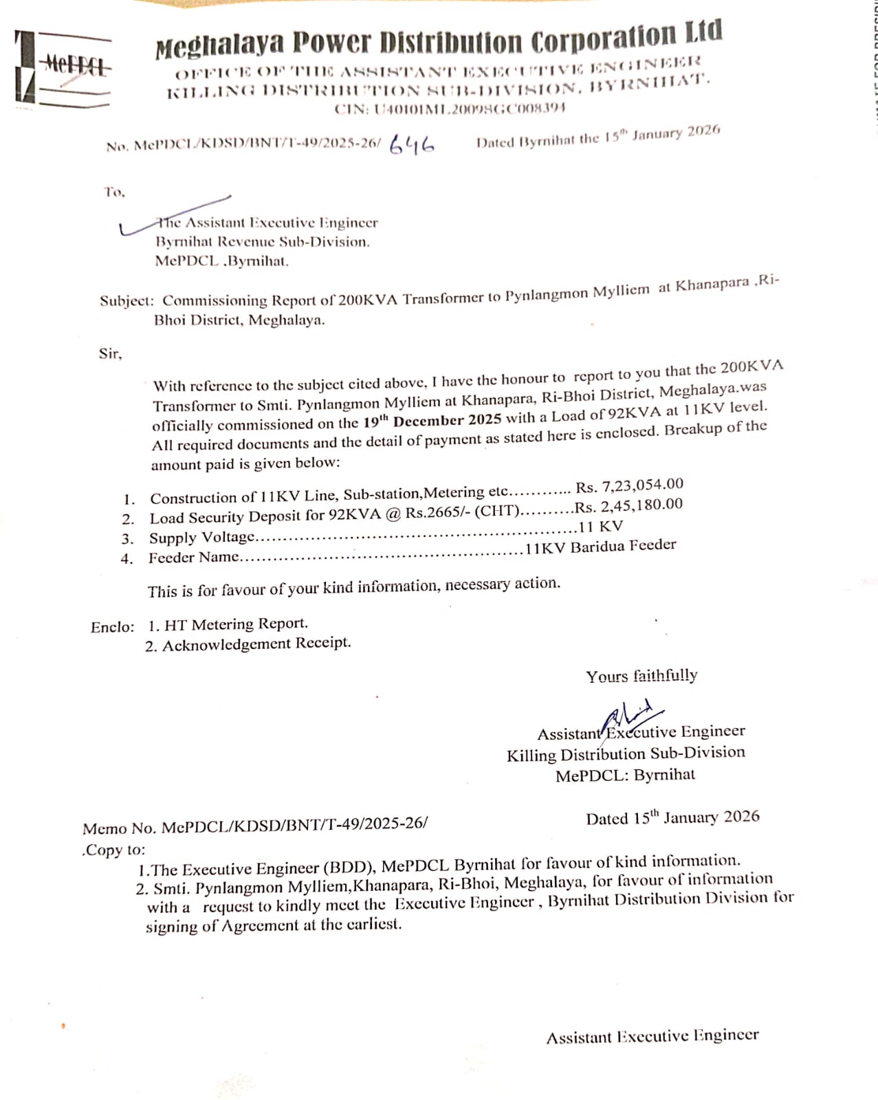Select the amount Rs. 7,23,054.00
629,486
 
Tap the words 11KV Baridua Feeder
600,547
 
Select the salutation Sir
110,354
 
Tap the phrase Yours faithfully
641,676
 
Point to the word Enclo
112,627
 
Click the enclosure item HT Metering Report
235,624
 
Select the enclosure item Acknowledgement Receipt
256,643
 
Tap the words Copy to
114,850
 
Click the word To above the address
114,192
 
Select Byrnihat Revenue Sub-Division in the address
262,242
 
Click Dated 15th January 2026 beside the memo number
672,817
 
